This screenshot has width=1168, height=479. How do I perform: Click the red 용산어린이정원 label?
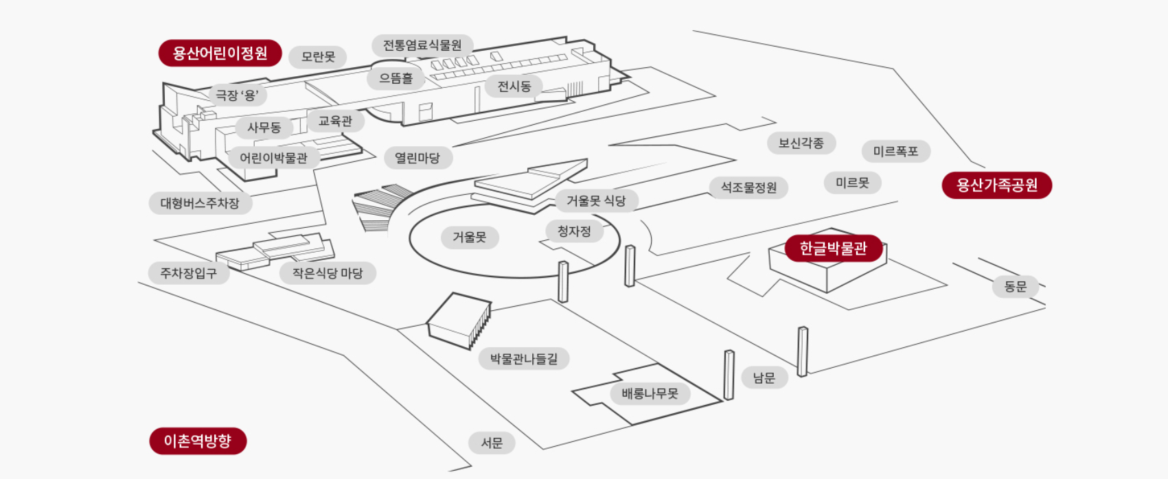pyautogui.click(x=220, y=53)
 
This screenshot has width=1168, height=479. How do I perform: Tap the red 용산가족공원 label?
pyautogui.click(x=996, y=185)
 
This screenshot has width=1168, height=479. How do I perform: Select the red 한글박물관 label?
pyautogui.click(x=833, y=248)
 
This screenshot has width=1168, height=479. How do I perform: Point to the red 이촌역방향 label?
pyautogui.click(x=198, y=441)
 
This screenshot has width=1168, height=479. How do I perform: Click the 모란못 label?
pyautogui.click(x=318, y=57)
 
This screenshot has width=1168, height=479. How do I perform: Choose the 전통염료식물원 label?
pyautogui.click(x=422, y=45)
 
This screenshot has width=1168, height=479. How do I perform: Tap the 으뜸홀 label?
pyautogui.click(x=396, y=78)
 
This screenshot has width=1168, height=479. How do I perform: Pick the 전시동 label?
pyautogui.click(x=514, y=86)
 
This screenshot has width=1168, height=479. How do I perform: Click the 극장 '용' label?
pyautogui.click(x=237, y=95)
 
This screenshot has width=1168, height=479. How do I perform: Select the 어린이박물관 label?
pyautogui.click(x=273, y=158)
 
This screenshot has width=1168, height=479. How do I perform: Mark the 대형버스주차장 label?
pyautogui.click(x=200, y=203)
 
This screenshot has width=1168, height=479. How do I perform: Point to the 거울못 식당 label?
pyautogui.click(x=595, y=201)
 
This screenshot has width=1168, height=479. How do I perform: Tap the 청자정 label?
pyautogui.click(x=574, y=231)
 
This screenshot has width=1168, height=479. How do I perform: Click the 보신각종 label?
pyautogui.click(x=801, y=143)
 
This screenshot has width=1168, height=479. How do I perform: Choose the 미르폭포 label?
pyautogui.click(x=895, y=152)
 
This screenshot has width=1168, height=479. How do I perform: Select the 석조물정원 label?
pyautogui.click(x=748, y=187)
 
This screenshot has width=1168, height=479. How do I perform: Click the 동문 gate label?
pyautogui.click(x=1015, y=286)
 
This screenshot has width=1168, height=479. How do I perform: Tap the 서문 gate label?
pyautogui.click(x=492, y=443)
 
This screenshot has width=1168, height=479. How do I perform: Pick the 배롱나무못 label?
pyautogui.click(x=650, y=394)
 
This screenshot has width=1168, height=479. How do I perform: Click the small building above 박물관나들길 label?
pyautogui.click(x=459, y=319)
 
